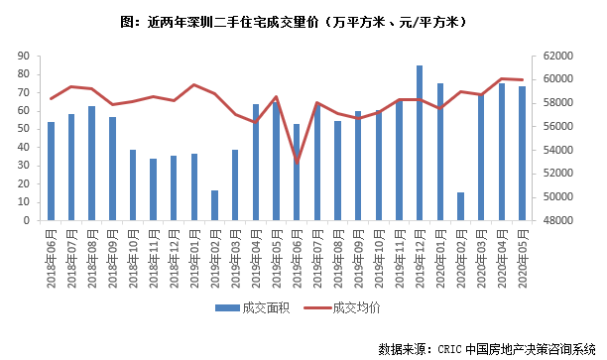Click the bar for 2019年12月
pos(420,144)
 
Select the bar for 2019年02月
pos(214,206)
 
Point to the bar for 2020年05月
pos(522,154)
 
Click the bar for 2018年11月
pos(153,190)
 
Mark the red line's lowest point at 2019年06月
pos(297,162)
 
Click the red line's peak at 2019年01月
pos(194,85)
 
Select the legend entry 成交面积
pos(252,308)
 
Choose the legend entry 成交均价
pos(347,308)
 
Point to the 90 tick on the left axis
pos(23,56)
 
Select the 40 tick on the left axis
pos(23,148)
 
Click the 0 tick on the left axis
pos(26,221)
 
